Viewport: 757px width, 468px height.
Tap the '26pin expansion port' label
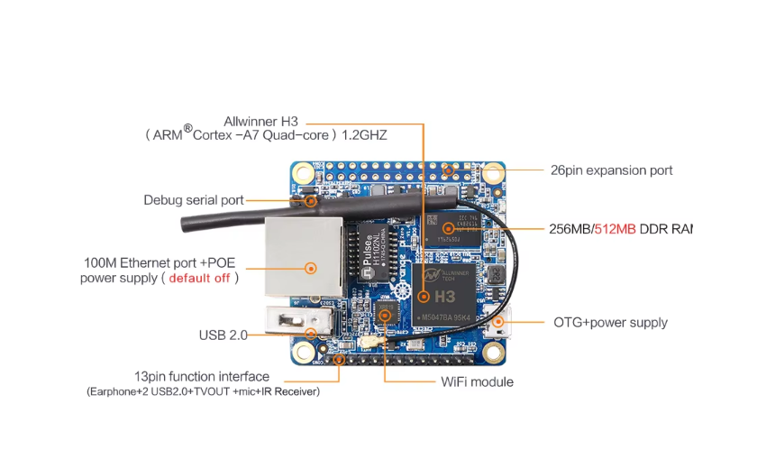611,170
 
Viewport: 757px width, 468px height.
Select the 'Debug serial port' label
193,199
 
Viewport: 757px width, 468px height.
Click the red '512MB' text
615,228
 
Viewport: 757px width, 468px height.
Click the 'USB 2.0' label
223,335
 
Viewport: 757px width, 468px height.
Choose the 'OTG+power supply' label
609,322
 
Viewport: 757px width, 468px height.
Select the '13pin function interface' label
201,376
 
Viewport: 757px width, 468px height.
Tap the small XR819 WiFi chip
386,315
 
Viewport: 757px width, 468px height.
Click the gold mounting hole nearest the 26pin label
493,172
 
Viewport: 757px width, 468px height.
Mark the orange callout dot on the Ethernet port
311,268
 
